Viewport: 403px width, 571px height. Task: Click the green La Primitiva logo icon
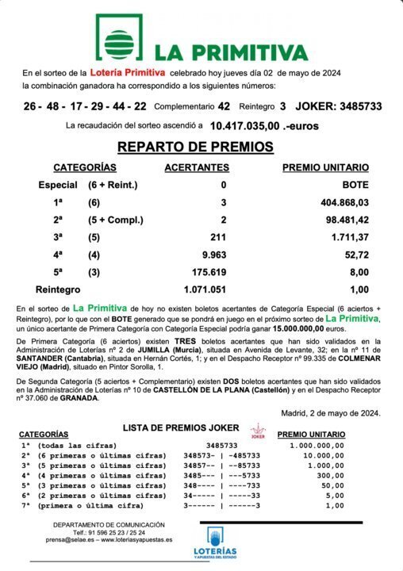point(121,36)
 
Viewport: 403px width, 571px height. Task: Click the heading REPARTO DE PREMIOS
point(195,147)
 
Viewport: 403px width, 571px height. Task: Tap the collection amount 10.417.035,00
point(245,125)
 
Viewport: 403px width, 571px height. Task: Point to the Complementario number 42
point(224,105)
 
